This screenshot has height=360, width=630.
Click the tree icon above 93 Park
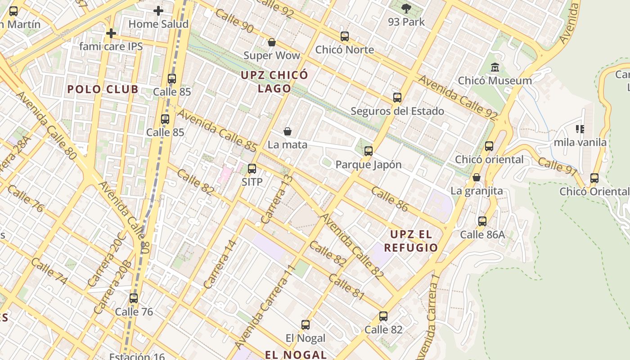pyautogui.click(x=406, y=8)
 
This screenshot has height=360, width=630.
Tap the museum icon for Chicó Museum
pyautogui.click(x=495, y=67)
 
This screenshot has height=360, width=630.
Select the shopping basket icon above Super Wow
pyautogui.click(x=271, y=43)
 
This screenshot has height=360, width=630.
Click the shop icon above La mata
pyautogui.click(x=288, y=131)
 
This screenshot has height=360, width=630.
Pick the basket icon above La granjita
pyautogui.click(x=477, y=178)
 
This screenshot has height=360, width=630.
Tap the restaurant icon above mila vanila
pyautogui.click(x=580, y=129)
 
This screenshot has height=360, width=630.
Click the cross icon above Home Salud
pyautogui.click(x=158, y=10)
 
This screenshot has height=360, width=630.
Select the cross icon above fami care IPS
pyautogui.click(x=111, y=33)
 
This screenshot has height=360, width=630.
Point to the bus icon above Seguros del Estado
pyautogui.click(x=397, y=98)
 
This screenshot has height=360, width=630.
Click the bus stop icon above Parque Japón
pyautogui.click(x=369, y=151)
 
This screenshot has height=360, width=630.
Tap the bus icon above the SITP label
pyautogui.click(x=252, y=169)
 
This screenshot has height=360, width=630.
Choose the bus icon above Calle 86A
pyautogui.click(x=482, y=221)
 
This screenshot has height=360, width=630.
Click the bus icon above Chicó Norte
pyautogui.click(x=345, y=36)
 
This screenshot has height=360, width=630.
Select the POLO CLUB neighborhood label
pyautogui.click(x=103, y=89)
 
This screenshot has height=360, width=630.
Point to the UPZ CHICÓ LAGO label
pyautogui.click(x=274, y=81)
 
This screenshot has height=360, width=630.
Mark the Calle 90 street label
pyautogui.click(x=234, y=20)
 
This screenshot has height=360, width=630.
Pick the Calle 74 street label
pyautogui.click(x=49, y=272)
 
